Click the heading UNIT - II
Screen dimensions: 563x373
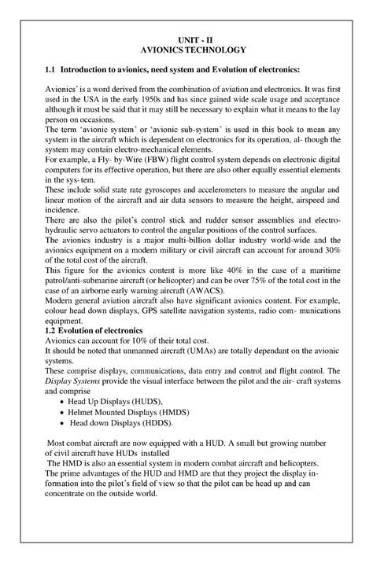186,36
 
